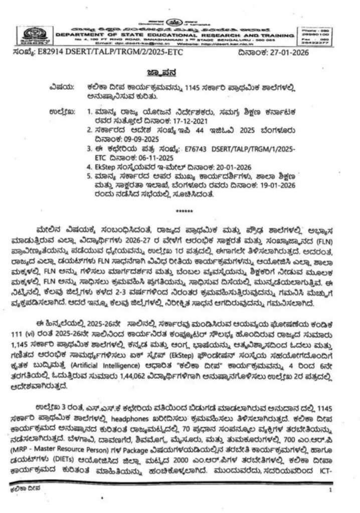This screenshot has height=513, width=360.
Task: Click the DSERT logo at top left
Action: coord(34,36)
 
